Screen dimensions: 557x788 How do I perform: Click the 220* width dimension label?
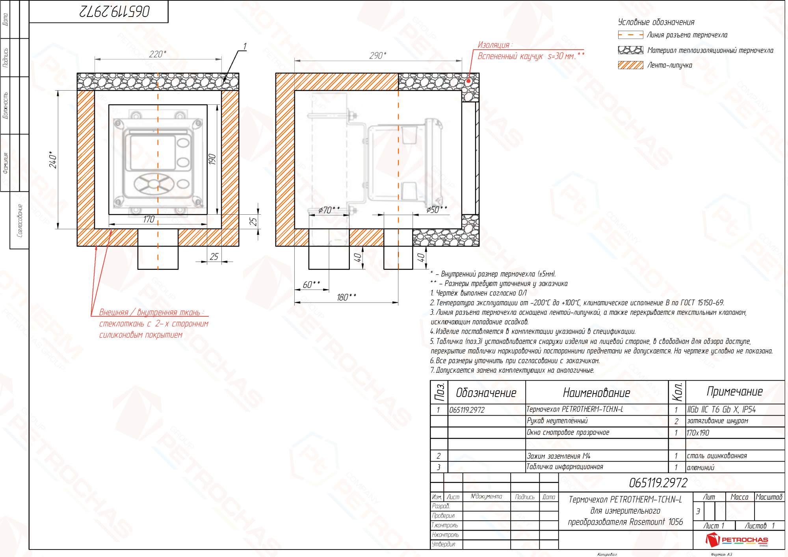point(158,54)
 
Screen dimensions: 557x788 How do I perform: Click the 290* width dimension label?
point(377,56)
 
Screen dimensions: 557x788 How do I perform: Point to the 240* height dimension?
point(53,160)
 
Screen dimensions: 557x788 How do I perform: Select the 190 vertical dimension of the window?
point(212,160)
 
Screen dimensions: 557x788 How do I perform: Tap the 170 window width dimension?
point(149,219)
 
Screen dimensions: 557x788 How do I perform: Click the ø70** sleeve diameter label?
point(329,210)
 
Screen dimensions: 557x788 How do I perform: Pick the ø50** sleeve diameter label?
point(437,210)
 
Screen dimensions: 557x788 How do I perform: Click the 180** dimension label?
point(346,297)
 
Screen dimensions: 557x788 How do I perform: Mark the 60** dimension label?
point(311,284)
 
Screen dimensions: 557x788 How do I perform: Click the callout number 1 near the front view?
point(245,46)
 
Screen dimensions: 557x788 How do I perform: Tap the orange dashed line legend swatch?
point(630,35)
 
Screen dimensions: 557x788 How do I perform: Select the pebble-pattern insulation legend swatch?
point(630,50)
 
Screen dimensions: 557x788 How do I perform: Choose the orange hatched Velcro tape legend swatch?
point(630,65)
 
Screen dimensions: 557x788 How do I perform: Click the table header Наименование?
point(597,392)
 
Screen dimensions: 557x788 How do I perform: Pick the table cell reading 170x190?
point(698,433)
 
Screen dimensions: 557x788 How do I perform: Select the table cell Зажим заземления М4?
point(559,456)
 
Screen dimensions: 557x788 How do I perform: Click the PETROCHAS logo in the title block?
point(737,540)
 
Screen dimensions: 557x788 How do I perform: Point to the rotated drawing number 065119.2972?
point(115,11)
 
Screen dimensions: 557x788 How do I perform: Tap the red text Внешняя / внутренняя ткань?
point(150,312)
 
